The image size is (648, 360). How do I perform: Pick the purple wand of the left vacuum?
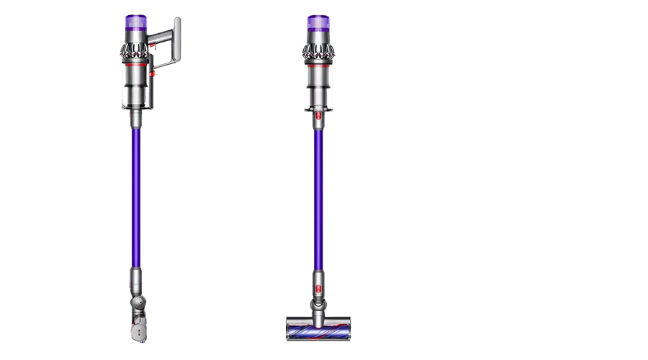(x=135, y=194)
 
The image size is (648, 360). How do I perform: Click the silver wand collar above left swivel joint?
(x=135, y=277)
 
